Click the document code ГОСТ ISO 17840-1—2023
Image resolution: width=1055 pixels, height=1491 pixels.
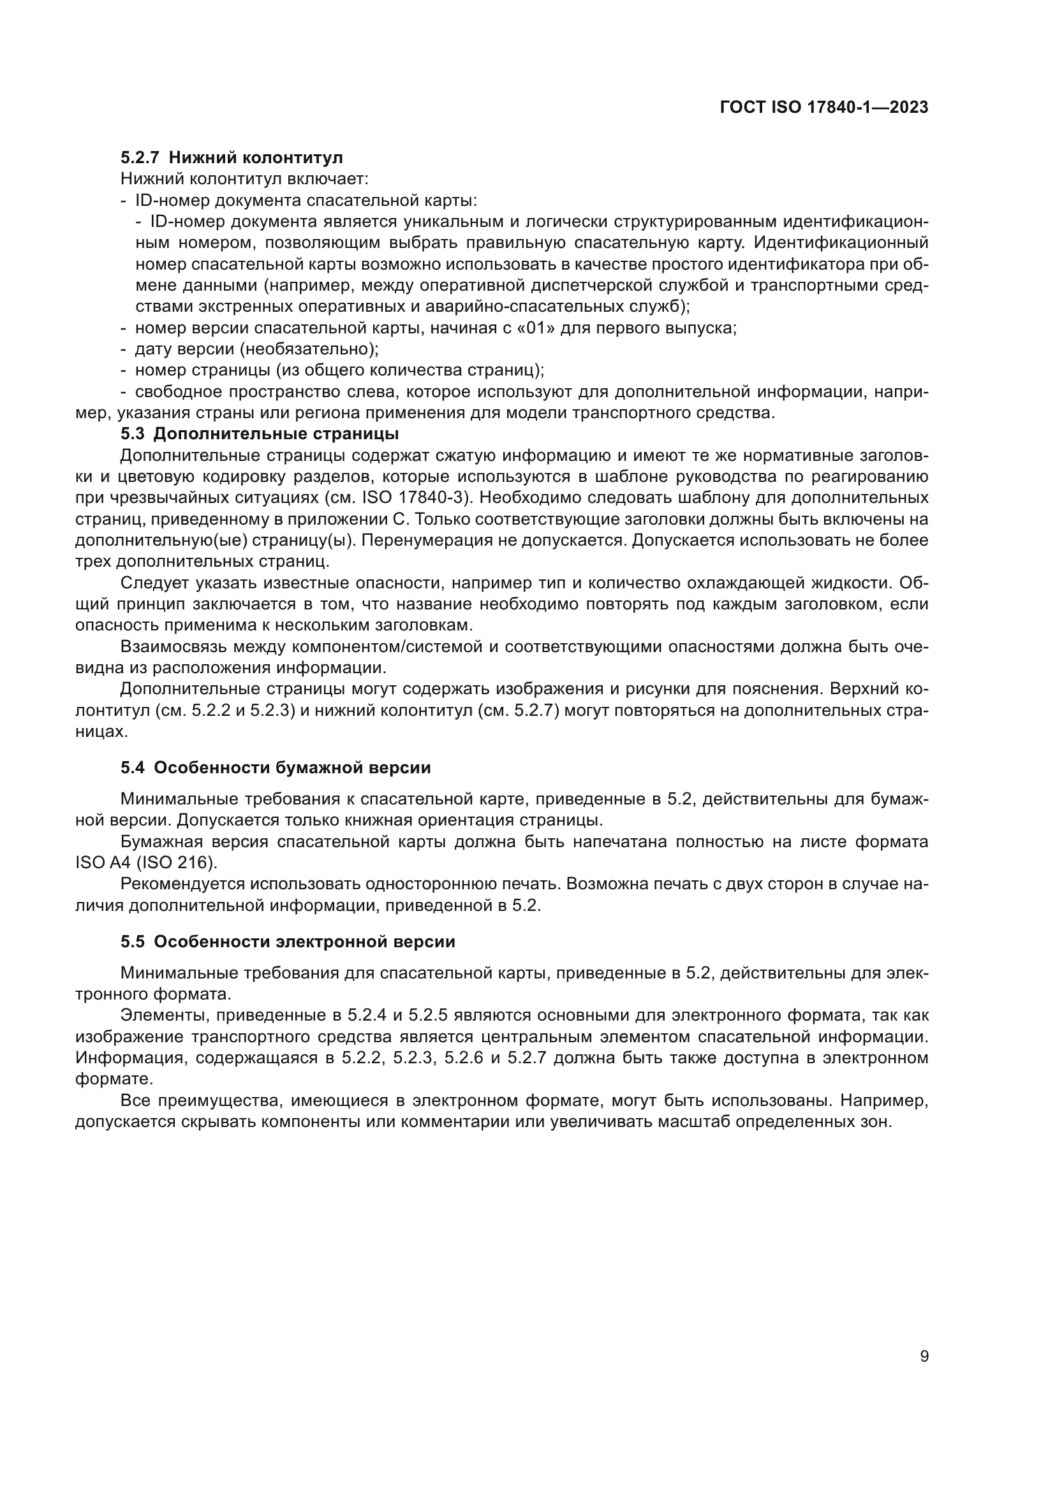coord(823,108)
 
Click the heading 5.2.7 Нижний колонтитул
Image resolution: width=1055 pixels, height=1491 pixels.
coord(232,158)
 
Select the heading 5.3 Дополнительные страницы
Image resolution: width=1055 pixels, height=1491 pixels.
coord(260,433)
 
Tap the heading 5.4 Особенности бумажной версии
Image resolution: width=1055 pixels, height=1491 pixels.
coord(276,767)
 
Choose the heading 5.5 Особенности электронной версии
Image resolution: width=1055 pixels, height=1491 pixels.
coord(288,942)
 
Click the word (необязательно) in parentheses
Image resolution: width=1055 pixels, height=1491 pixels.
coord(309,349)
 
